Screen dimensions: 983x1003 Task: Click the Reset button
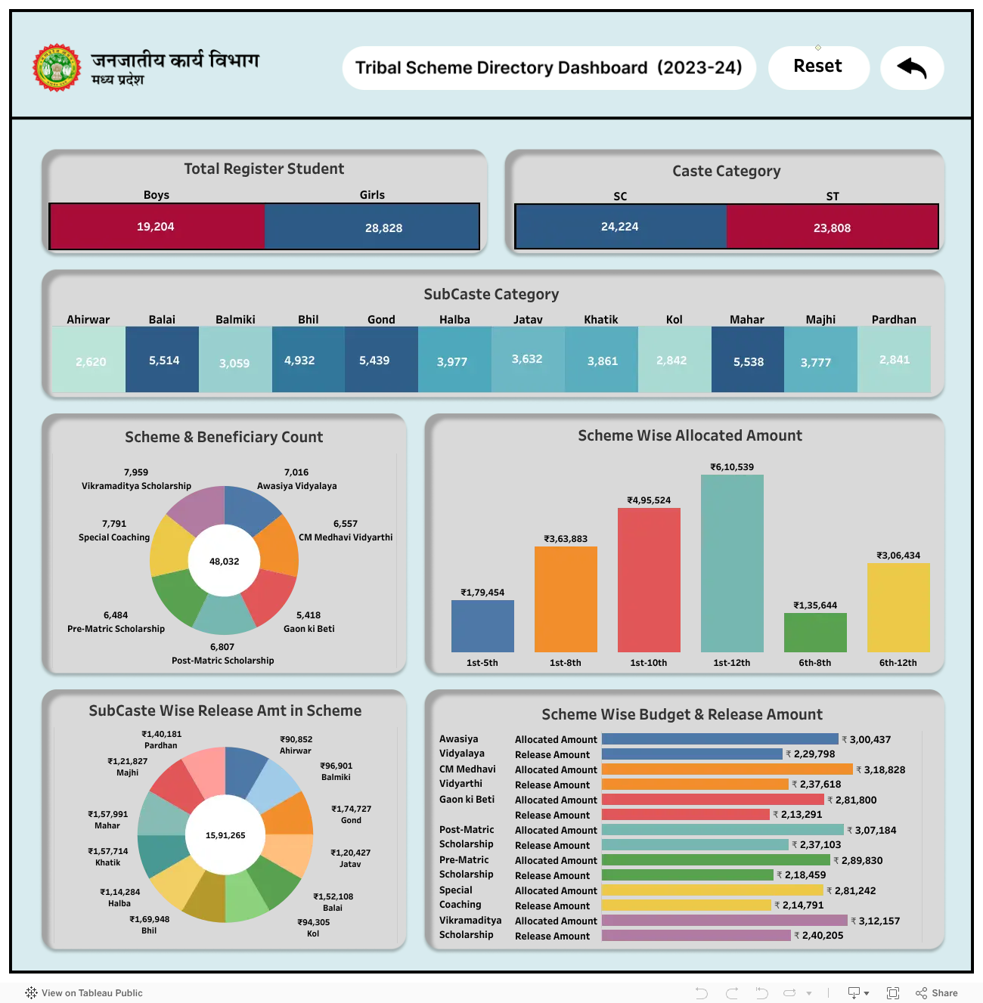(818, 67)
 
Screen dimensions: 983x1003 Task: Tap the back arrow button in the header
(912, 68)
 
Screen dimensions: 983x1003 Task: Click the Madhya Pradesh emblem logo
(56, 68)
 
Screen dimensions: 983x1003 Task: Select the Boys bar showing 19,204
(157, 227)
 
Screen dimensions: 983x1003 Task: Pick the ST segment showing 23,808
(832, 227)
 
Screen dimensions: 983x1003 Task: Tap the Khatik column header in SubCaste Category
(600, 319)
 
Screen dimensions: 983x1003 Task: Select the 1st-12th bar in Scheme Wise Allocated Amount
(732, 563)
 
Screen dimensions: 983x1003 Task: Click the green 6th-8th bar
(815, 633)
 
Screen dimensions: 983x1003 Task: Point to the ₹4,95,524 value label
(649, 500)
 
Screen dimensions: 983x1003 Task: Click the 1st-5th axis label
(482, 663)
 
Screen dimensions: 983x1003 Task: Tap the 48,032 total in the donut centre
(224, 561)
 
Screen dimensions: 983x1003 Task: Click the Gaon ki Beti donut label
(309, 629)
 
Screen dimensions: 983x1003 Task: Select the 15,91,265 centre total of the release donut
(225, 835)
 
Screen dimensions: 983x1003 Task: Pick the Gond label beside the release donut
(351, 820)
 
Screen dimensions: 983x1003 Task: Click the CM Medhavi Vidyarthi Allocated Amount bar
(727, 769)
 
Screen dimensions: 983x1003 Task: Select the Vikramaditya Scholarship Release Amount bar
(696, 935)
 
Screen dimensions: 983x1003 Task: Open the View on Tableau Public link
(84, 993)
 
